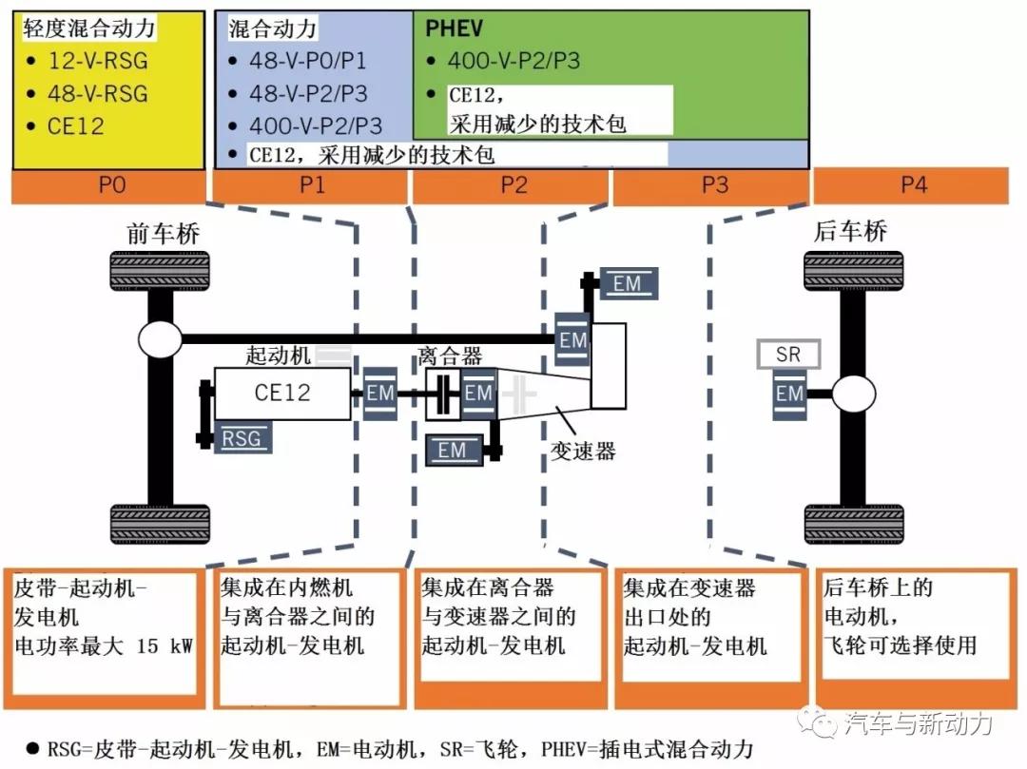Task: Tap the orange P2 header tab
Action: pos(513,185)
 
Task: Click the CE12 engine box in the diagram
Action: pos(282,393)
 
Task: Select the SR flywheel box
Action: pos(788,355)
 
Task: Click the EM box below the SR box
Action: pos(789,394)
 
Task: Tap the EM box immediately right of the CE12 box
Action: pos(379,393)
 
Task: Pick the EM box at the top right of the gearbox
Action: pos(627,283)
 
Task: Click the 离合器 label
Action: pos(450,356)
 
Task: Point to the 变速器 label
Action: pos(583,451)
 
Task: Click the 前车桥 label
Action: pos(163,234)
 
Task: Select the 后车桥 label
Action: pos(851,232)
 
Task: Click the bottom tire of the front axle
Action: pos(147,523)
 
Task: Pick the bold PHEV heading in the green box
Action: pos(454,29)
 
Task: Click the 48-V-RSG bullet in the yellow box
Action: pos(98,93)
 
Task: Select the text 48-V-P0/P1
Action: pos(307,62)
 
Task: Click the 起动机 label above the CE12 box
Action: pos(278,356)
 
